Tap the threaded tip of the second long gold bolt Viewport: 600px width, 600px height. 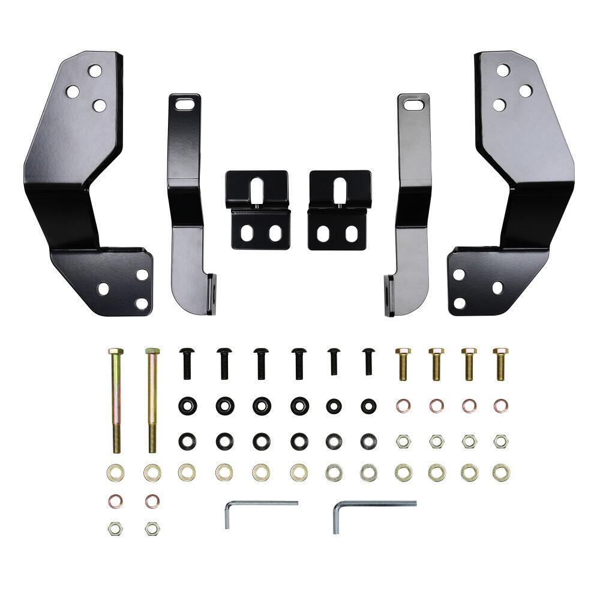(x=151, y=447)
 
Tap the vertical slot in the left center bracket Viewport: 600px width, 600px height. (x=257, y=190)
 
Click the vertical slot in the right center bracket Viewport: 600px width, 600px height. (x=340, y=190)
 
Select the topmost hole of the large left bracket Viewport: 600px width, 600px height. (x=94, y=71)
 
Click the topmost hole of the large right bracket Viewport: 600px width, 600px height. (x=503, y=70)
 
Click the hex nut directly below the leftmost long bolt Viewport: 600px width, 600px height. (x=114, y=529)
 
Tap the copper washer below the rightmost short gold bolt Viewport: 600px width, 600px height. (x=499, y=406)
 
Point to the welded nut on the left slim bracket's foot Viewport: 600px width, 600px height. (x=213, y=293)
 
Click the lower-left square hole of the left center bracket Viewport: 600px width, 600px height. (x=246, y=233)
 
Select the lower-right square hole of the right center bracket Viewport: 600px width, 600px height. (x=353, y=233)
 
